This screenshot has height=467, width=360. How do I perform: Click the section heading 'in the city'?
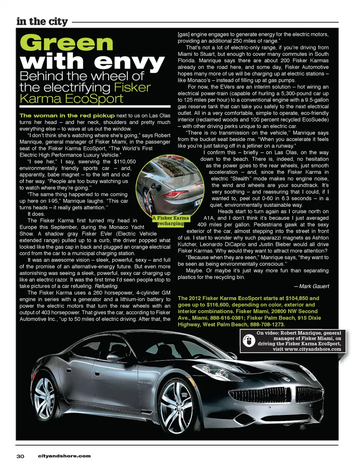pos(42,21)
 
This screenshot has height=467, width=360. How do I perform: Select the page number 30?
pos(20,456)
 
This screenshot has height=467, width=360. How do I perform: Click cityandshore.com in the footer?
pos(64,456)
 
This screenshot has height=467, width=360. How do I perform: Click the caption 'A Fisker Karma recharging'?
pos(171,221)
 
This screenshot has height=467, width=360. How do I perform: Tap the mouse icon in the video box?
pos(248,341)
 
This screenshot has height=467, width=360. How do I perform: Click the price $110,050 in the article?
pos(125,162)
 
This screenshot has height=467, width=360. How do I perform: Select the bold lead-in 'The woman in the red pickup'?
pos(67,116)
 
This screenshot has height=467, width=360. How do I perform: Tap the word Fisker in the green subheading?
pos(132,87)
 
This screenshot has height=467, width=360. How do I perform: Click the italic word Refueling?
pos(106,286)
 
